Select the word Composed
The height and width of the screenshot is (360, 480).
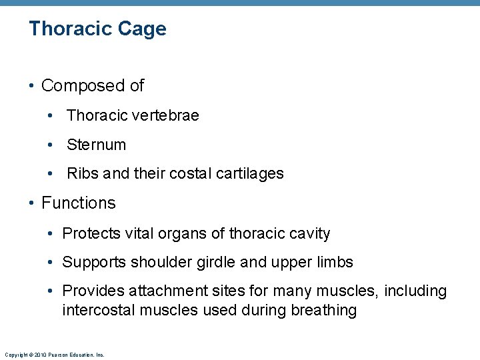(x=75, y=86)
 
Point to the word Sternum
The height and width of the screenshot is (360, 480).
(x=96, y=145)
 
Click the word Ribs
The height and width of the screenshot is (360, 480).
(x=83, y=174)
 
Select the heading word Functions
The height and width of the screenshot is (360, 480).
(x=78, y=203)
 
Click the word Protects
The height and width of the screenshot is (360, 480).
(x=91, y=233)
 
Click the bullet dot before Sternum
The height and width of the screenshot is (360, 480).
(x=51, y=145)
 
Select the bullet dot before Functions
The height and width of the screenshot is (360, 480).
(x=32, y=203)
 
